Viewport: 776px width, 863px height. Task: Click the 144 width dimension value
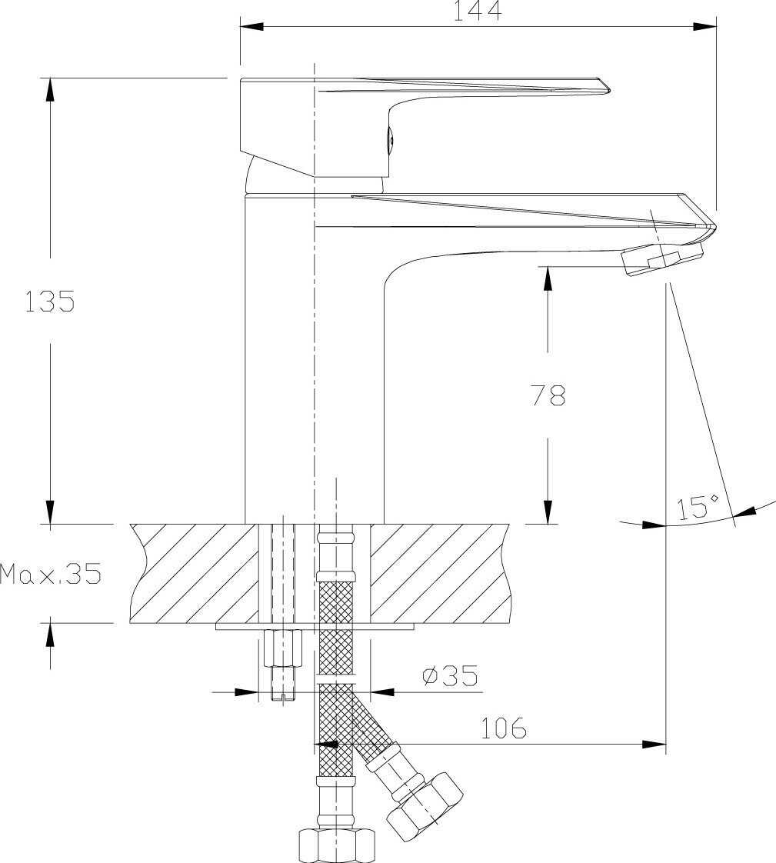pyautogui.click(x=477, y=11)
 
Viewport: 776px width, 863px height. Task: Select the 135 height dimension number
pyautogui.click(x=49, y=302)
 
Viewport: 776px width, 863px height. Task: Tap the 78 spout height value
pyautogui.click(x=548, y=395)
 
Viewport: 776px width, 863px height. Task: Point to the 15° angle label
pyautogui.click(x=698, y=508)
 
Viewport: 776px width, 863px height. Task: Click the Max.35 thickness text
pyautogui.click(x=51, y=574)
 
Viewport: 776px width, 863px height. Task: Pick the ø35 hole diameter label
pyautogui.click(x=450, y=675)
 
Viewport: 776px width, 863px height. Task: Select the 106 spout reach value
pyautogui.click(x=504, y=728)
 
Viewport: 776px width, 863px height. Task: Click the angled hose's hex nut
pyautogui.click(x=425, y=803)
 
